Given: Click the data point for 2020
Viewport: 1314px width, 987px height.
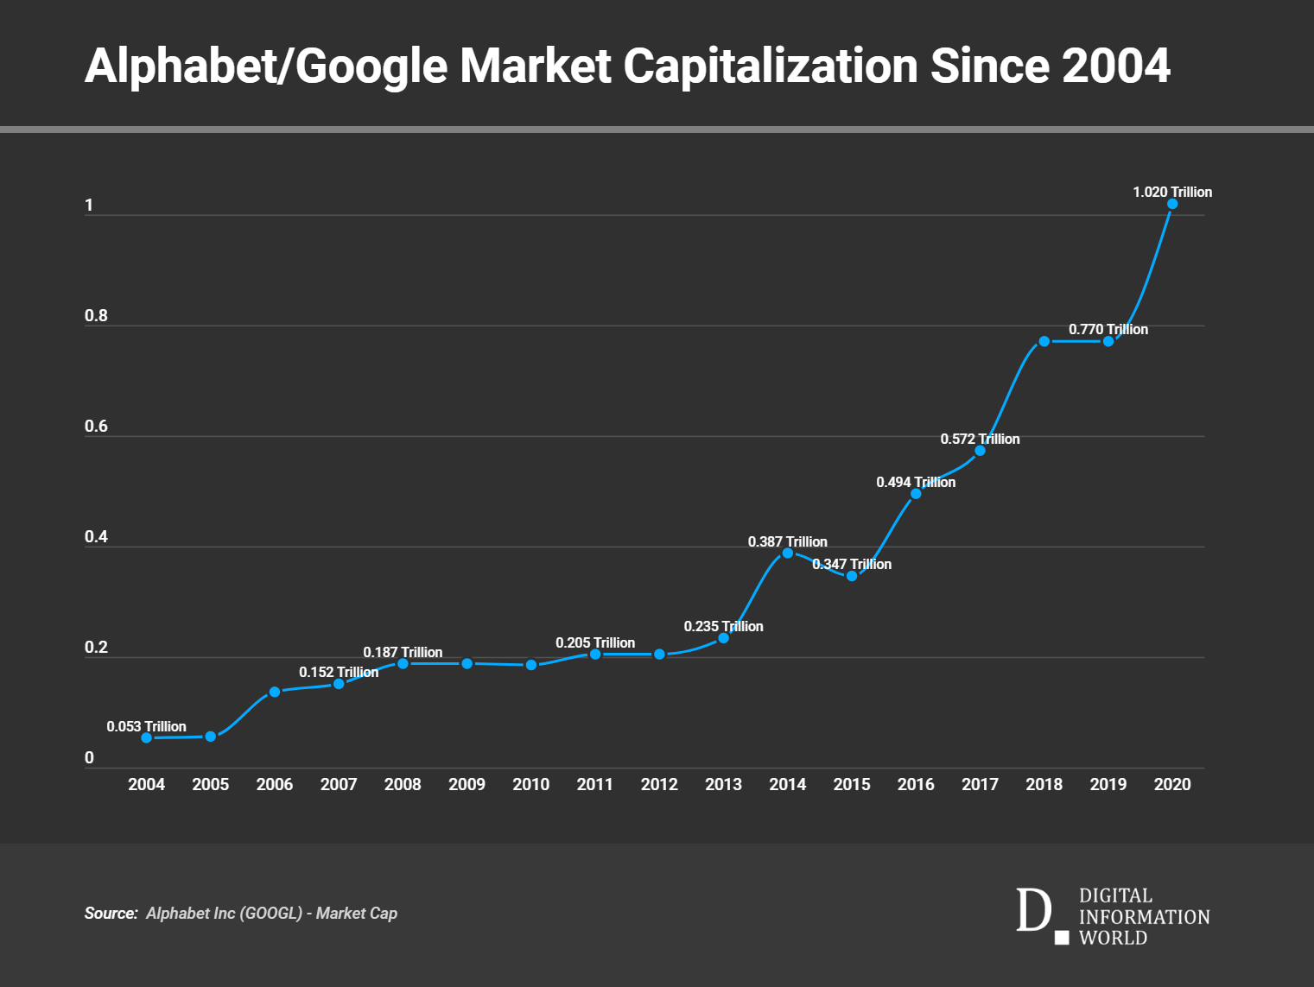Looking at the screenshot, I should click(1172, 204).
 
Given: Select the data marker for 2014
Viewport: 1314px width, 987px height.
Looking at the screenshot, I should click(787, 553).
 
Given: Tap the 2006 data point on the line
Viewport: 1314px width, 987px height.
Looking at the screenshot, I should click(275, 692).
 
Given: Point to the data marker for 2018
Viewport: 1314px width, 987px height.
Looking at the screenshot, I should click(1044, 341).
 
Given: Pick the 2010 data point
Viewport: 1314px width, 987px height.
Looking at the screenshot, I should click(531, 665).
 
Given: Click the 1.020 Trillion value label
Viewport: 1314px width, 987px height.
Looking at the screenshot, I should click(1172, 192).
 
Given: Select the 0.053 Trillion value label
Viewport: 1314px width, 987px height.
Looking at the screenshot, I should click(146, 726).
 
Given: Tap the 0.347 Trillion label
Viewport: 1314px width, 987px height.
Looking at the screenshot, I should click(852, 564).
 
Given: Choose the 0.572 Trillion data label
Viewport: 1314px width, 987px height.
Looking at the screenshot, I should click(980, 439).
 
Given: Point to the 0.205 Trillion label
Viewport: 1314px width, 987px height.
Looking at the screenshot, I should click(595, 642).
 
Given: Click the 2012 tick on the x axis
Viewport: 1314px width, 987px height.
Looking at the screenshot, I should click(659, 784).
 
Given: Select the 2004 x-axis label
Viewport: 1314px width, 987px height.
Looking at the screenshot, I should click(146, 784).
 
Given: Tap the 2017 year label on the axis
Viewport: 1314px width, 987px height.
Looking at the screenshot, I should click(980, 784).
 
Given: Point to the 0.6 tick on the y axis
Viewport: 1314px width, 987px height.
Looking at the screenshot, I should click(96, 426).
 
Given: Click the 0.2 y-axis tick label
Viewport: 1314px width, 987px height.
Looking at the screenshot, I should click(96, 647).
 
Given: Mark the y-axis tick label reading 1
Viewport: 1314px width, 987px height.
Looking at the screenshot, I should click(89, 205).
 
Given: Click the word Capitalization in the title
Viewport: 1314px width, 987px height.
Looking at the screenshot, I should click(771, 66).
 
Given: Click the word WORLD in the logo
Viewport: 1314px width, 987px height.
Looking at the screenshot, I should click(1113, 938).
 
